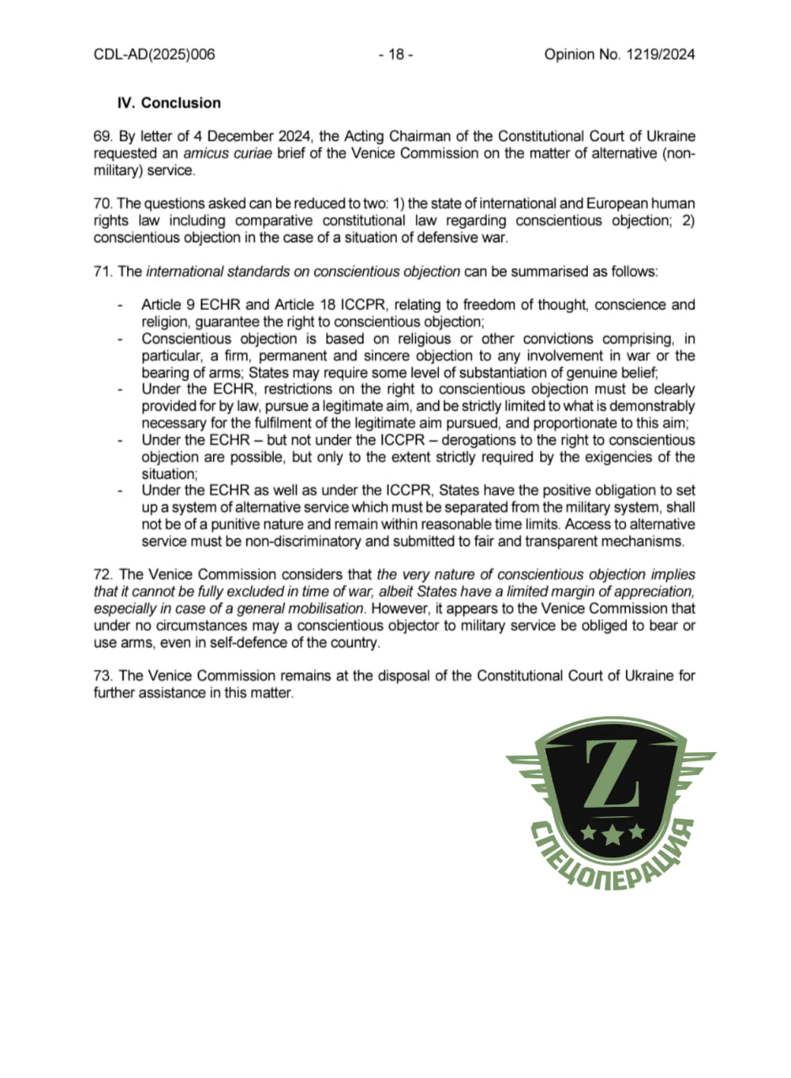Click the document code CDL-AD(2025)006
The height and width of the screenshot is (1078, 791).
154,55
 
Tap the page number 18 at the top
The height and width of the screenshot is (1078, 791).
395,55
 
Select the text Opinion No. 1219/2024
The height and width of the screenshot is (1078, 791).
619,55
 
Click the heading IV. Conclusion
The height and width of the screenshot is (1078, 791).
168,103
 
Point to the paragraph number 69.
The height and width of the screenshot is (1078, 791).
101,136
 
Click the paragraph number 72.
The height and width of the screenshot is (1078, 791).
102,574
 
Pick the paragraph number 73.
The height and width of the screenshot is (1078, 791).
102,676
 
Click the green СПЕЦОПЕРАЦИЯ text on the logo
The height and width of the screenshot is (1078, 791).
615,859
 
